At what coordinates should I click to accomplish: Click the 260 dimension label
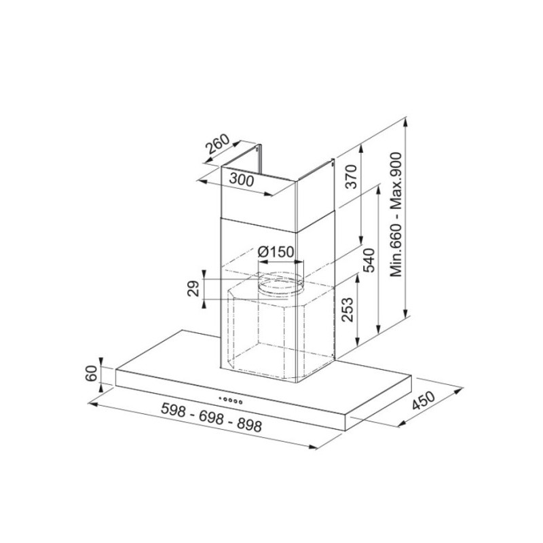(217, 143)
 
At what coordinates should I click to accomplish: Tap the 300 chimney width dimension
(242, 180)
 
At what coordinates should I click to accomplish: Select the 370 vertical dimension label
(351, 176)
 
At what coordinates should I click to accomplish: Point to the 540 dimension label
(369, 260)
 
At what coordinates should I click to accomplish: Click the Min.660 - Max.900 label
(396, 214)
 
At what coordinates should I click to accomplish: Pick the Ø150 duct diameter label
(276, 252)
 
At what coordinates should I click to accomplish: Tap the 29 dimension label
(193, 288)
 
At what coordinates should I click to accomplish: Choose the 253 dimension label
(347, 310)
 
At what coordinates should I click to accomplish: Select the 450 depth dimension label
(423, 400)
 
